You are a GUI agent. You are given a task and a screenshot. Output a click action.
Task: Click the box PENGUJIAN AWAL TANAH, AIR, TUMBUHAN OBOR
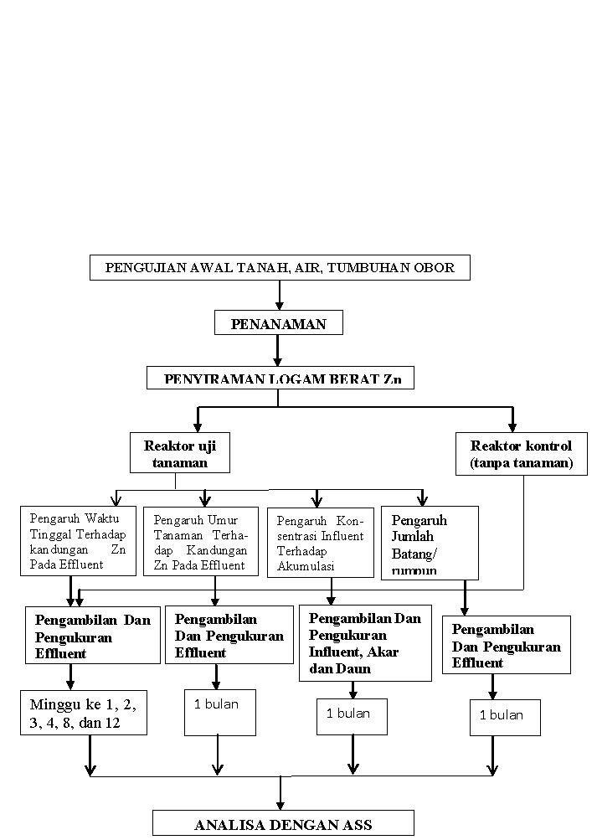(280, 268)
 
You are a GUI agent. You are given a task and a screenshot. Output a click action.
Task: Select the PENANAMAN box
(279, 323)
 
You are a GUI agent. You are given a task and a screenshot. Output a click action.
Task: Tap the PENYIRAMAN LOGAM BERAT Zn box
(280, 379)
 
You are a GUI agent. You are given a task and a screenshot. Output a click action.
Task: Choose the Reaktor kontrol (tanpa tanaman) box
(521, 454)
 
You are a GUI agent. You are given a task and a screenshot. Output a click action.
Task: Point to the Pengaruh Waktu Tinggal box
(78, 541)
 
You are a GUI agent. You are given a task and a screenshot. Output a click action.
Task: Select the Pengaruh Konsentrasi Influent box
(321, 543)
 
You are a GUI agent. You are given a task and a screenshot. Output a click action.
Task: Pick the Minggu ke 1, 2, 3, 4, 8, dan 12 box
(84, 712)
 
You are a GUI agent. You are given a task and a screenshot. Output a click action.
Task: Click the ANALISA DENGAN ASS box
(283, 824)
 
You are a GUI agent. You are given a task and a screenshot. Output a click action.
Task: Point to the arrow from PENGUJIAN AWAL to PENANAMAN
(280, 295)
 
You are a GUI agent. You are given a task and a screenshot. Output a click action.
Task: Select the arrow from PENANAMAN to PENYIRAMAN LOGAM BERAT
(279, 350)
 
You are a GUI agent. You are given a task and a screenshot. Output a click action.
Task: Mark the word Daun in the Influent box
(354, 669)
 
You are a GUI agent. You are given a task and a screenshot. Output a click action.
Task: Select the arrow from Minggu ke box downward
(90, 755)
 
